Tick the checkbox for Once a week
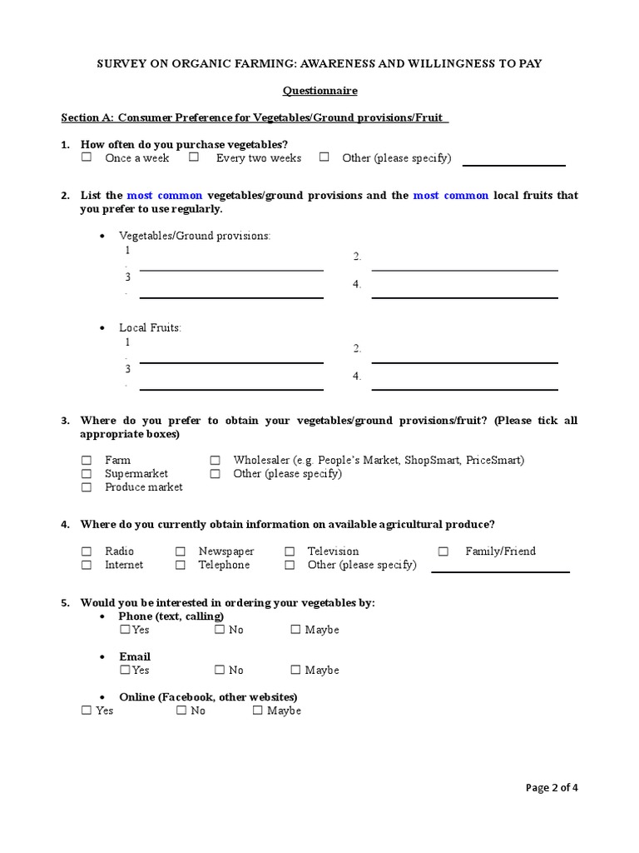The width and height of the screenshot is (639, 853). (87, 157)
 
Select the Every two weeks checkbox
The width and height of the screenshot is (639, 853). (194, 157)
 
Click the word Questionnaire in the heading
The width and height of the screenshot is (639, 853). (319, 91)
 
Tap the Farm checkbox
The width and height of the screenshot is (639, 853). (87, 460)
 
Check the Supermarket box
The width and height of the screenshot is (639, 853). (87, 473)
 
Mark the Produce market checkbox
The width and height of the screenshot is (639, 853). (87, 486)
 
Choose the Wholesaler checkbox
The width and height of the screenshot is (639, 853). (215, 460)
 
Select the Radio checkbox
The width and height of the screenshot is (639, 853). (87, 551)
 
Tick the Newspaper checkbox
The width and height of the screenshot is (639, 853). (181, 551)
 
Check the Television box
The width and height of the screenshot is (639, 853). (290, 551)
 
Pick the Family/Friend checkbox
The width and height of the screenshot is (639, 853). (443, 551)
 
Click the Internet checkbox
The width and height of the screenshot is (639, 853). (87, 565)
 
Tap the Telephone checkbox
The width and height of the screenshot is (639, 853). (181, 565)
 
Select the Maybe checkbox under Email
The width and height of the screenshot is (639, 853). (295, 670)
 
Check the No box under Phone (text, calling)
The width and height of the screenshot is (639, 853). (220, 630)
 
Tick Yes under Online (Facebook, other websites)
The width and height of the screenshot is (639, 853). (87, 711)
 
